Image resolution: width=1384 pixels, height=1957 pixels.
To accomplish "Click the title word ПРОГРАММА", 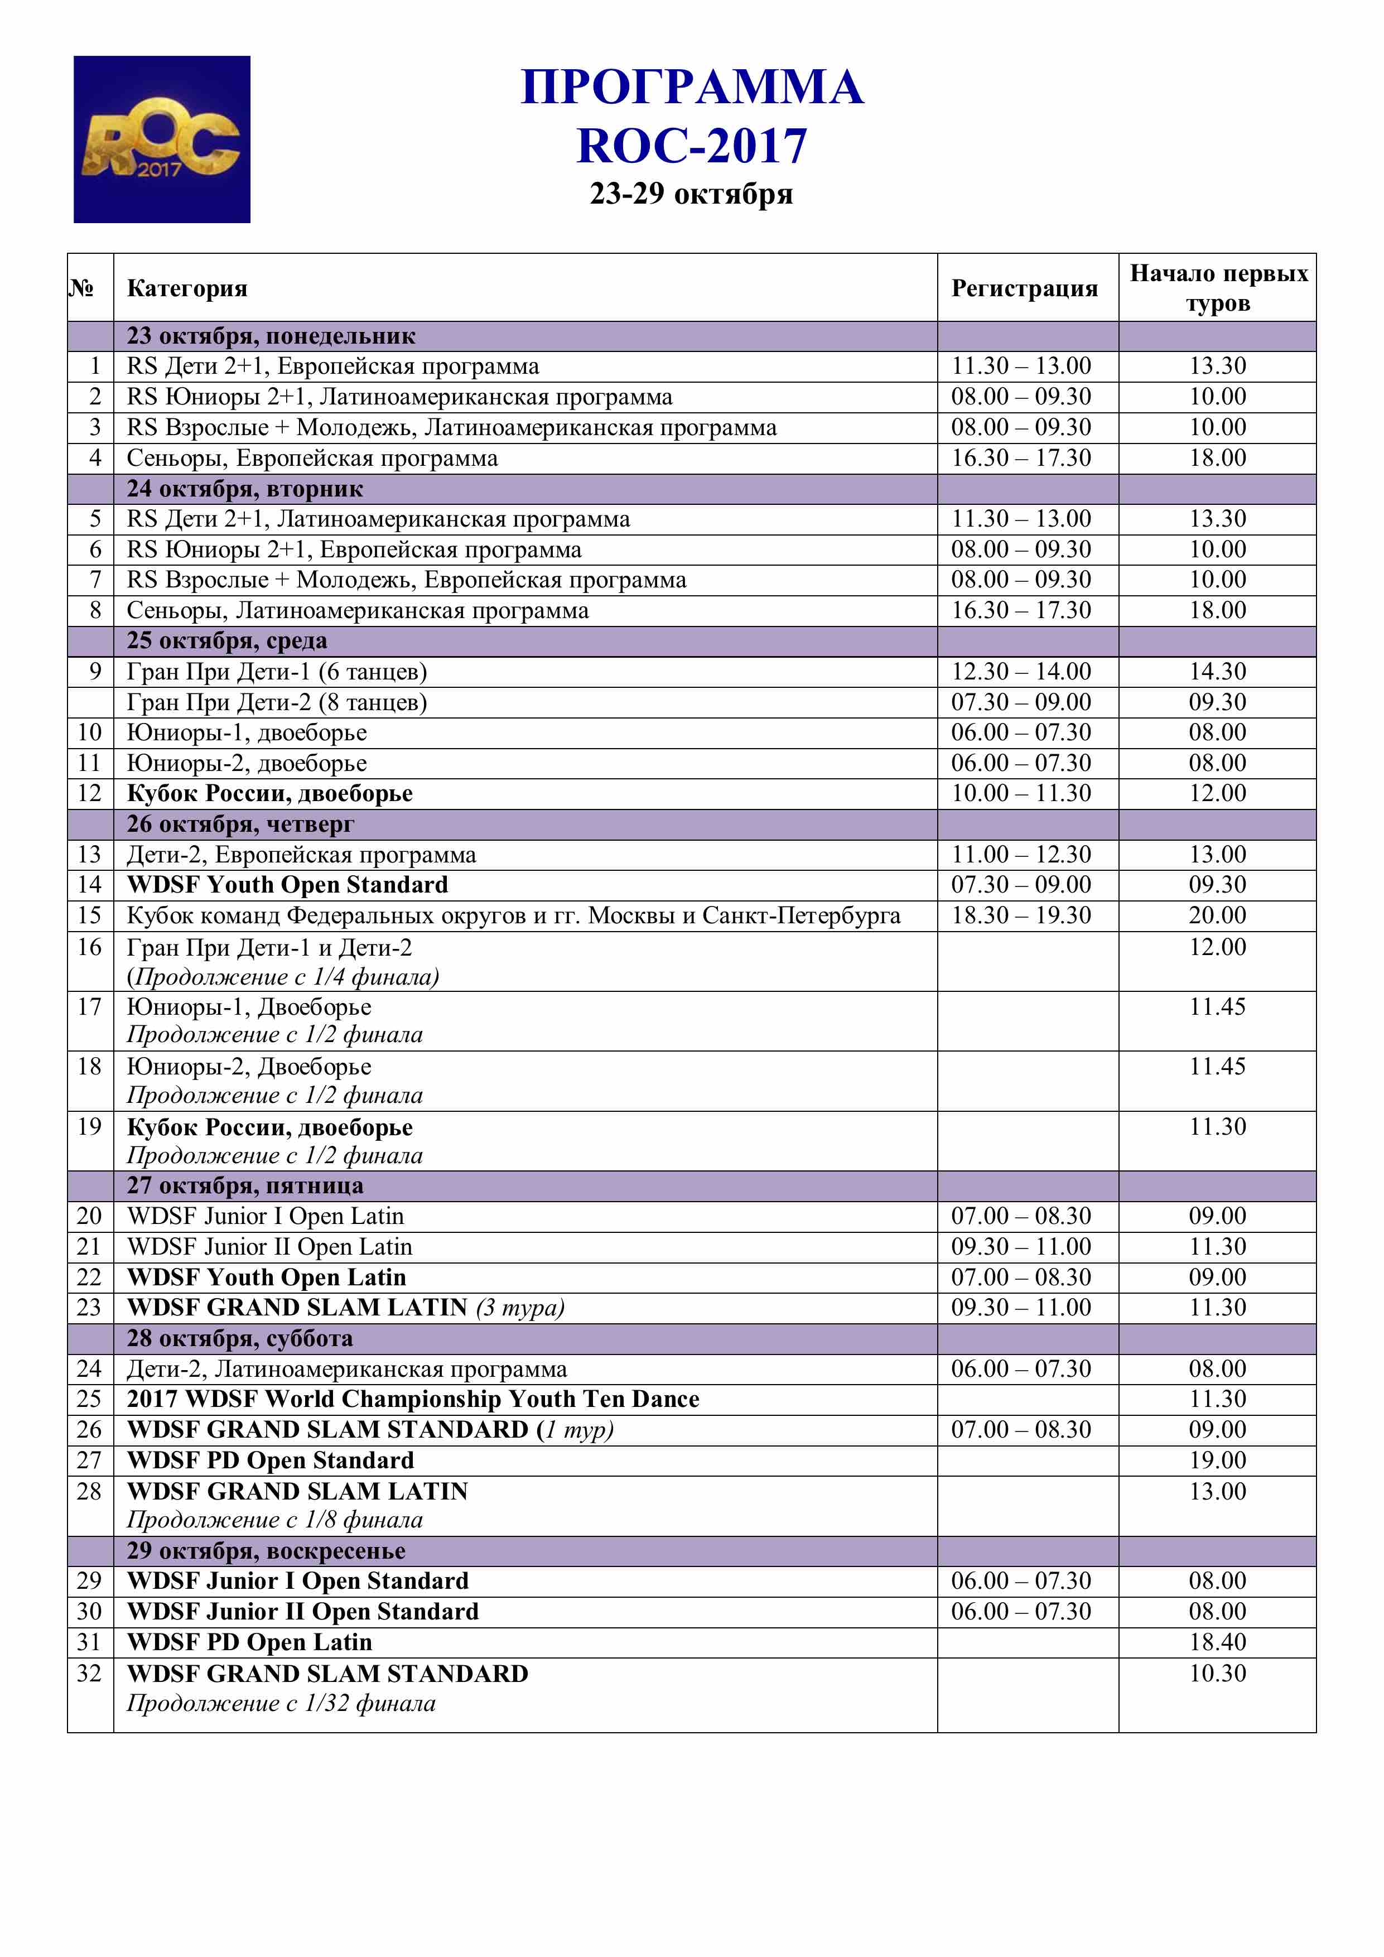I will coord(691,87).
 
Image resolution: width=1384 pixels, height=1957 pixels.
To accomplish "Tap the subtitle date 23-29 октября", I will coord(691,194).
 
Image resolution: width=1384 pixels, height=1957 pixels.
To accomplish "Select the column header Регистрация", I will coord(1024,288).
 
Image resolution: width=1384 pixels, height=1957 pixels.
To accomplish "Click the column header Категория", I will coord(187,288).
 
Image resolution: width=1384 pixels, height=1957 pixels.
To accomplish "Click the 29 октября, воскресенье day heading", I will coord(266,1550).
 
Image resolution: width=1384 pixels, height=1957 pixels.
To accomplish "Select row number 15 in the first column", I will coord(89,915).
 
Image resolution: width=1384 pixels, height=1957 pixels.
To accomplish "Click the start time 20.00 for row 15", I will coord(1217,915).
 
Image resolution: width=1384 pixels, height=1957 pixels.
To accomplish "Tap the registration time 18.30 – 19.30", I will coord(1021,915).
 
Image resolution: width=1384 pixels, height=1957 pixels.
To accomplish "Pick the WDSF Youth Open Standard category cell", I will coord(287,885).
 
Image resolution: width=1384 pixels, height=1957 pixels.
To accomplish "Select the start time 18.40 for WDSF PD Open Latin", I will coord(1217,1642).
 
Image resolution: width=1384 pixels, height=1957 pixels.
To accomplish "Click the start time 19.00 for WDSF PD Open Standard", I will coord(1217,1460).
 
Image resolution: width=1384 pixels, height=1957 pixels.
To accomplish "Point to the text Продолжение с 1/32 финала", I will coord(281,1704).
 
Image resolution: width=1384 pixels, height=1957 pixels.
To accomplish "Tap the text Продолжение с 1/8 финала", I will coord(274,1520).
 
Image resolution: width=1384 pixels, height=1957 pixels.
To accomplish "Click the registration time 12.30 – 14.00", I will coord(1021,672).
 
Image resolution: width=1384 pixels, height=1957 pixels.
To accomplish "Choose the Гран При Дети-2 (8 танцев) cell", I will coord(277,702).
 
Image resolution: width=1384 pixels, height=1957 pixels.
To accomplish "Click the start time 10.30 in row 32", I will coord(1217,1673).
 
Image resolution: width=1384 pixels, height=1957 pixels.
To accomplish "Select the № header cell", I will coord(82,288).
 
